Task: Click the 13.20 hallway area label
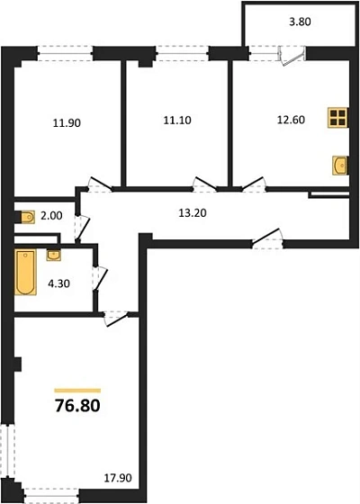coord(187,214)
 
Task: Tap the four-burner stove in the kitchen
coord(337,118)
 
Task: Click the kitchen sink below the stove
coord(339,165)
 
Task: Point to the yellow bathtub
coord(24,275)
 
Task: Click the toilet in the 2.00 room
coord(24,216)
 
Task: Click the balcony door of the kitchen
coord(288,54)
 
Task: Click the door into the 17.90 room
coord(116,315)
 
